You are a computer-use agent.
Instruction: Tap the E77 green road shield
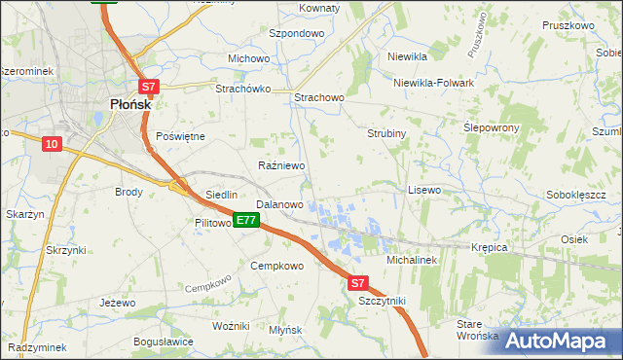246,221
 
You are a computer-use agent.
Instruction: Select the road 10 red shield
52,144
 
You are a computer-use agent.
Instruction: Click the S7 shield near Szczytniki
357,283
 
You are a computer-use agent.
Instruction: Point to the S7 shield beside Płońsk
148,86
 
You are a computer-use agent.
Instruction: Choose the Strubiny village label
386,133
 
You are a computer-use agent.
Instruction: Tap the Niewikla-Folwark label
433,83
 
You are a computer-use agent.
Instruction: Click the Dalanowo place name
279,204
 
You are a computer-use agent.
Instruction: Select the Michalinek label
414,261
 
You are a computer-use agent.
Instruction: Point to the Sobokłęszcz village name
576,195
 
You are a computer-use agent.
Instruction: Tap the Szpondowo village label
296,32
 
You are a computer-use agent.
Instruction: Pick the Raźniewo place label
281,165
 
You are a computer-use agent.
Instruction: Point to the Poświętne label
180,136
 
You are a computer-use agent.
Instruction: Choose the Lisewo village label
424,190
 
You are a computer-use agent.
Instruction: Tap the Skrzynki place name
65,250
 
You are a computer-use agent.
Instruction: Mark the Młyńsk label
285,330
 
